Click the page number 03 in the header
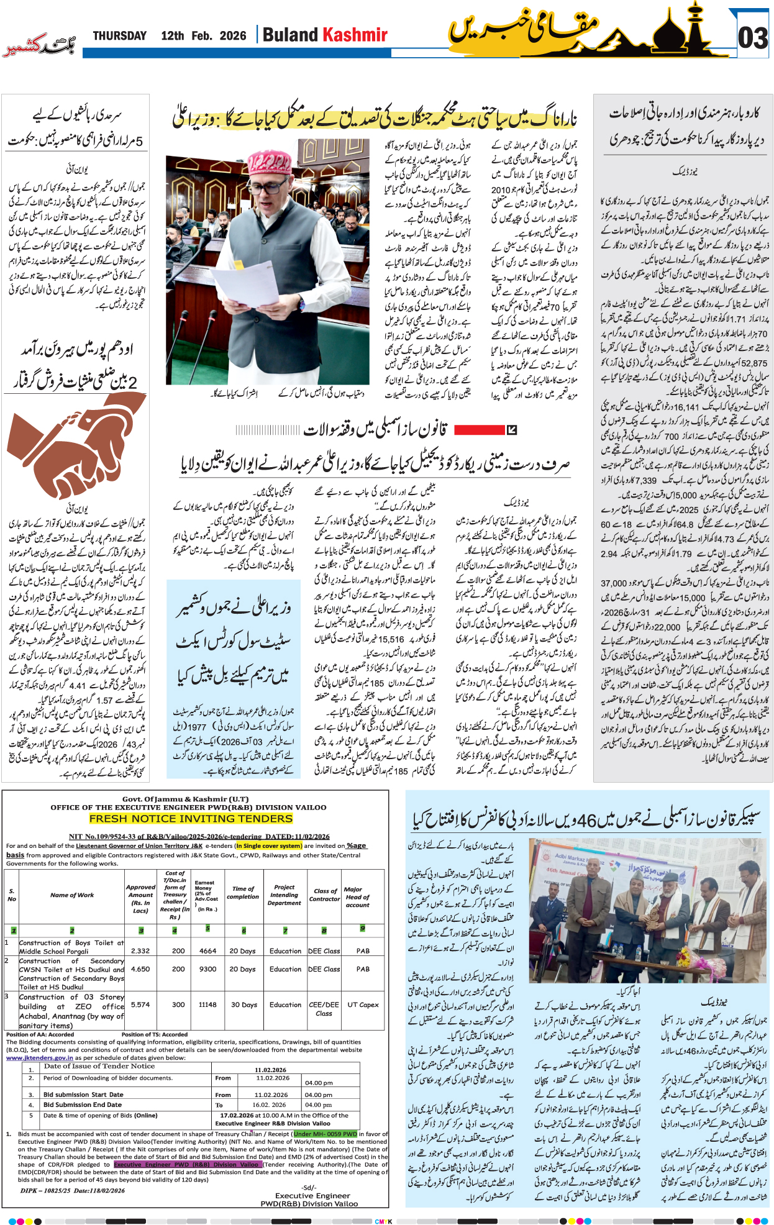(x=753, y=38)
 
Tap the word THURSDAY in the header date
(x=119, y=36)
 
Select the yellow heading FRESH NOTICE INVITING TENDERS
(x=191, y=819)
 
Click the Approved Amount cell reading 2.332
(x=140, y=951)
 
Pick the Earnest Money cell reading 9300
(x=207, y=969)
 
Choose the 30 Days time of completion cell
(x=244, y=1004)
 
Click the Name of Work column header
(x=72, y=895)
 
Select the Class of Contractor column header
(x=325, y=895)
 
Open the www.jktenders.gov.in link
(x=40, y=1057)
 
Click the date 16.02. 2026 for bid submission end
(x=269, y=1104)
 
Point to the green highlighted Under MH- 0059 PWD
(x=326, y=1134)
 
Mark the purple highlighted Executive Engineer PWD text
(x=186, y=1165)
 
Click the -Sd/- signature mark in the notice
(x=309, y=1187)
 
